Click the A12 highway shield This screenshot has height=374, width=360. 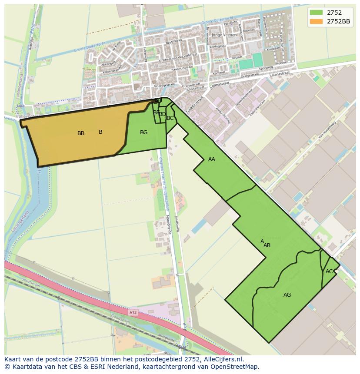133,312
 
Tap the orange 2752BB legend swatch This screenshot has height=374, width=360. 316,21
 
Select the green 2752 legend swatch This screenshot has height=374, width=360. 316,13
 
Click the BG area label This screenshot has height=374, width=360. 143,132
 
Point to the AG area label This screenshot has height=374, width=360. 287,295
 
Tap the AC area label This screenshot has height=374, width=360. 329,271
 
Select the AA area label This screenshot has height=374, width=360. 212,159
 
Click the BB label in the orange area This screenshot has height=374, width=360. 81,133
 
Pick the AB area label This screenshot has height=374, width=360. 267,245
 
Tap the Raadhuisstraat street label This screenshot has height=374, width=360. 182,69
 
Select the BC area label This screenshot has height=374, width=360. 170,118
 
